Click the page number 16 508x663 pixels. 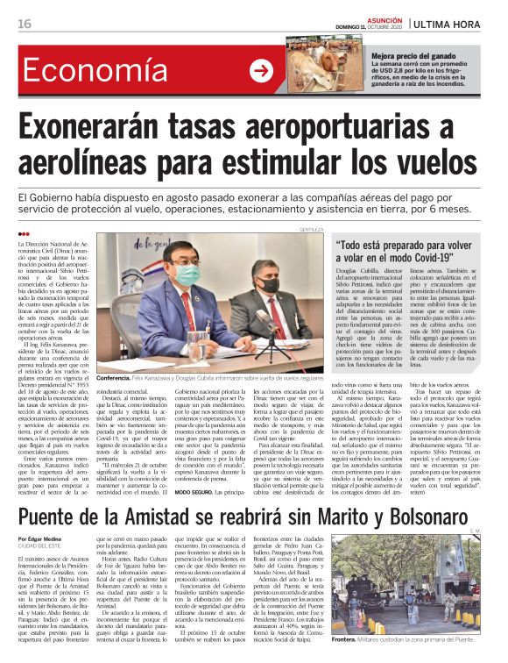24,24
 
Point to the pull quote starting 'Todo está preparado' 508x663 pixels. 409,253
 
